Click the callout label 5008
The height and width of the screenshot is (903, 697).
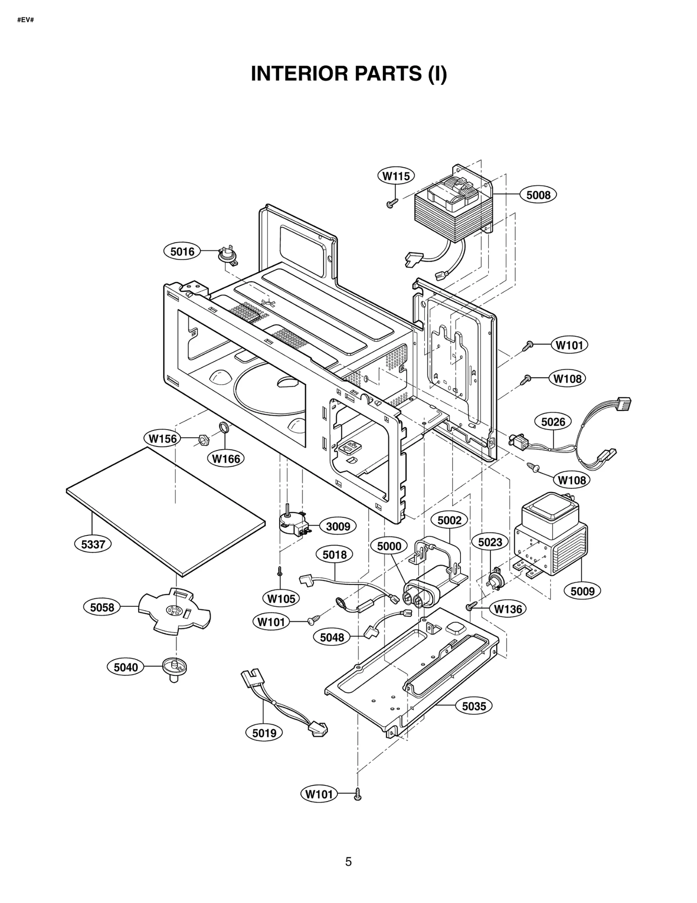pyautogui.click(x=538, y=195)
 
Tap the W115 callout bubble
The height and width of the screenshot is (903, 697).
pyautogui.click(x=396, y=176)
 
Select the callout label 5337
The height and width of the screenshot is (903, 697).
pyautogui.click(x=93, y=544)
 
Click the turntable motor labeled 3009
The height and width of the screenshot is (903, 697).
pyautogui.click(x=293, y=523)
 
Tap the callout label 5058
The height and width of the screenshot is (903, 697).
pyautogui.click(x=102, y=607)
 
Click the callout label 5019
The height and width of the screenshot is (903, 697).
pyautogui.click(x=264, y=733)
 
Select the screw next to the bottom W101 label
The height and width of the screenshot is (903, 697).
pyautogui.click(x=357, y=794)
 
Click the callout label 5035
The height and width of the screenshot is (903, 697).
pyautogui.click(x=474, y=706)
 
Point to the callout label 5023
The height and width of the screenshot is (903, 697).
pyautogui.click(x=490, y=542)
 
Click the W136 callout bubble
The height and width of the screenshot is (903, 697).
pyautogui.click(x=508, y=609)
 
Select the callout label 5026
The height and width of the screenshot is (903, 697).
pyautogui.click(x=553, y=422)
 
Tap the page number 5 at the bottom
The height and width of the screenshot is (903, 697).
pyautogui.click(x=348, y=862)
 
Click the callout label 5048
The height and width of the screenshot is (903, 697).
pyautogui.click(x=332, y=638)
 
